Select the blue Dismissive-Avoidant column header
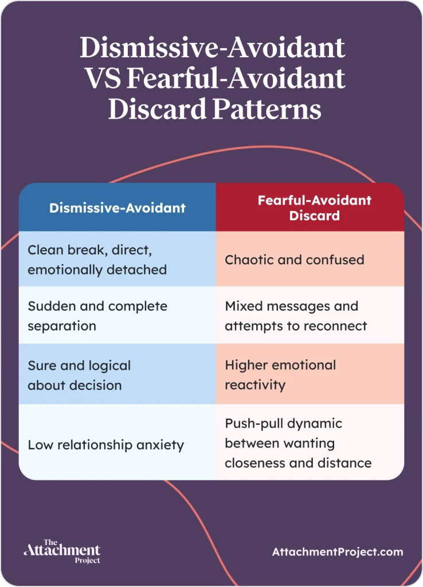coord(117,208)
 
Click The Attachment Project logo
coord(62,551)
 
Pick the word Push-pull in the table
coord(252,424)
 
